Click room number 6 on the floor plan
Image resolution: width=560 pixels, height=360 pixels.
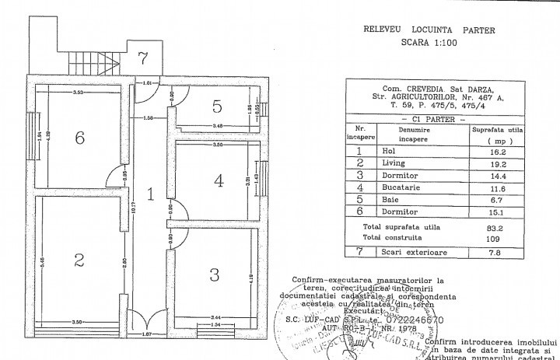pyautogui.click(x=79, y=138)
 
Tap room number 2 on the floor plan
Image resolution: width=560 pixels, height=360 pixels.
pyautogui.click(x=79, y=260)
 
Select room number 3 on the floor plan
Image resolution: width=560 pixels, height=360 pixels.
pyautogui.click(x=215, y=274)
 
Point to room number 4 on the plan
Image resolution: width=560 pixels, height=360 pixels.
pyautogui.click(x=219, y=180)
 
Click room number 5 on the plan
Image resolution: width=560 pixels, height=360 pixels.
pyautogui.click(x=218, y=105)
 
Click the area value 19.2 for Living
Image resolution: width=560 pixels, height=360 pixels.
pyautogui.click(x=488, y=164)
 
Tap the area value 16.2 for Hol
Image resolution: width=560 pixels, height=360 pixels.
pyautogui.click(x=488, y=152)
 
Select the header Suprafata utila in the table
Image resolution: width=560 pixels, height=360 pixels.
pyautogui.click(x=488, y=131)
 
